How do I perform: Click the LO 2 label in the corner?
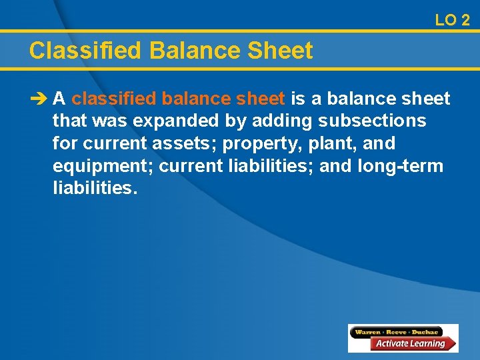pos(452,20)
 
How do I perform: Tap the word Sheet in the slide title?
pos(283,51)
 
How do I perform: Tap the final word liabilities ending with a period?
pos(95,188)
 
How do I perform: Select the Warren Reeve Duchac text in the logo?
pos(398,331)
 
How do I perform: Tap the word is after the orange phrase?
pos(298,99)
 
